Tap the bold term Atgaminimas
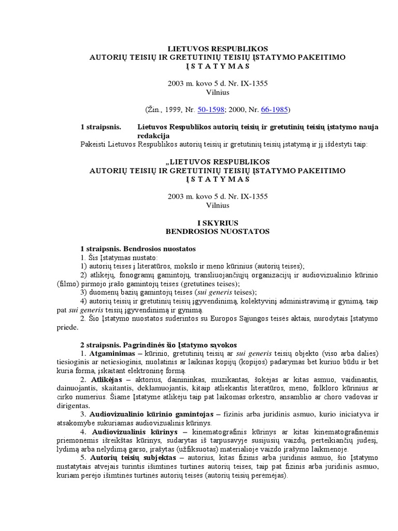click(113, 354)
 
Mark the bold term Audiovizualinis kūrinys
click(133, 431)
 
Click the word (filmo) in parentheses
click(69, 284)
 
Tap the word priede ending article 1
click(68, 327)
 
